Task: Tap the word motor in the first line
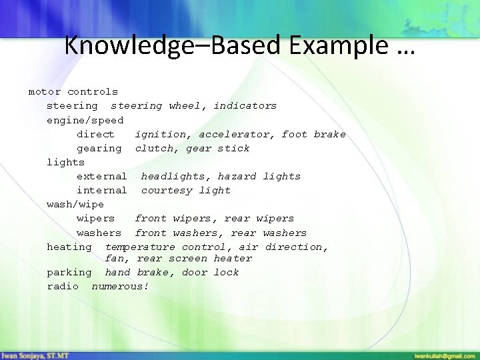click(x=44, y=91)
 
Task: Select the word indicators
click(x=245, y=105)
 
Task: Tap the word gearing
click(x=99, y=148)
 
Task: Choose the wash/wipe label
click(x=75, y=204)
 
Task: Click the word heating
click(x=69, y=247)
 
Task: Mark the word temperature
click(x=140, y=247)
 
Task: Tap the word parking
click(x=69, y=272)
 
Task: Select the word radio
click(x=63, y=286)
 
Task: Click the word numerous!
click(x=120, y=286)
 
